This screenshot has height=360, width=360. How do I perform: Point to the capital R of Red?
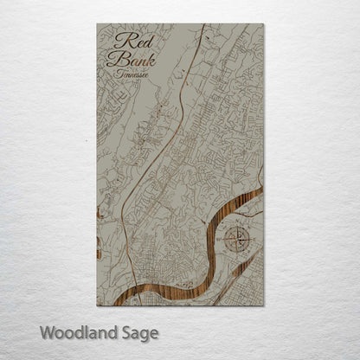click(119, 41)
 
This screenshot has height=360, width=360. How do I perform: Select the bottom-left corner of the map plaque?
click(96, 307)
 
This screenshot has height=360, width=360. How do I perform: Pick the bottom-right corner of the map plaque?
click(263, 307)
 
